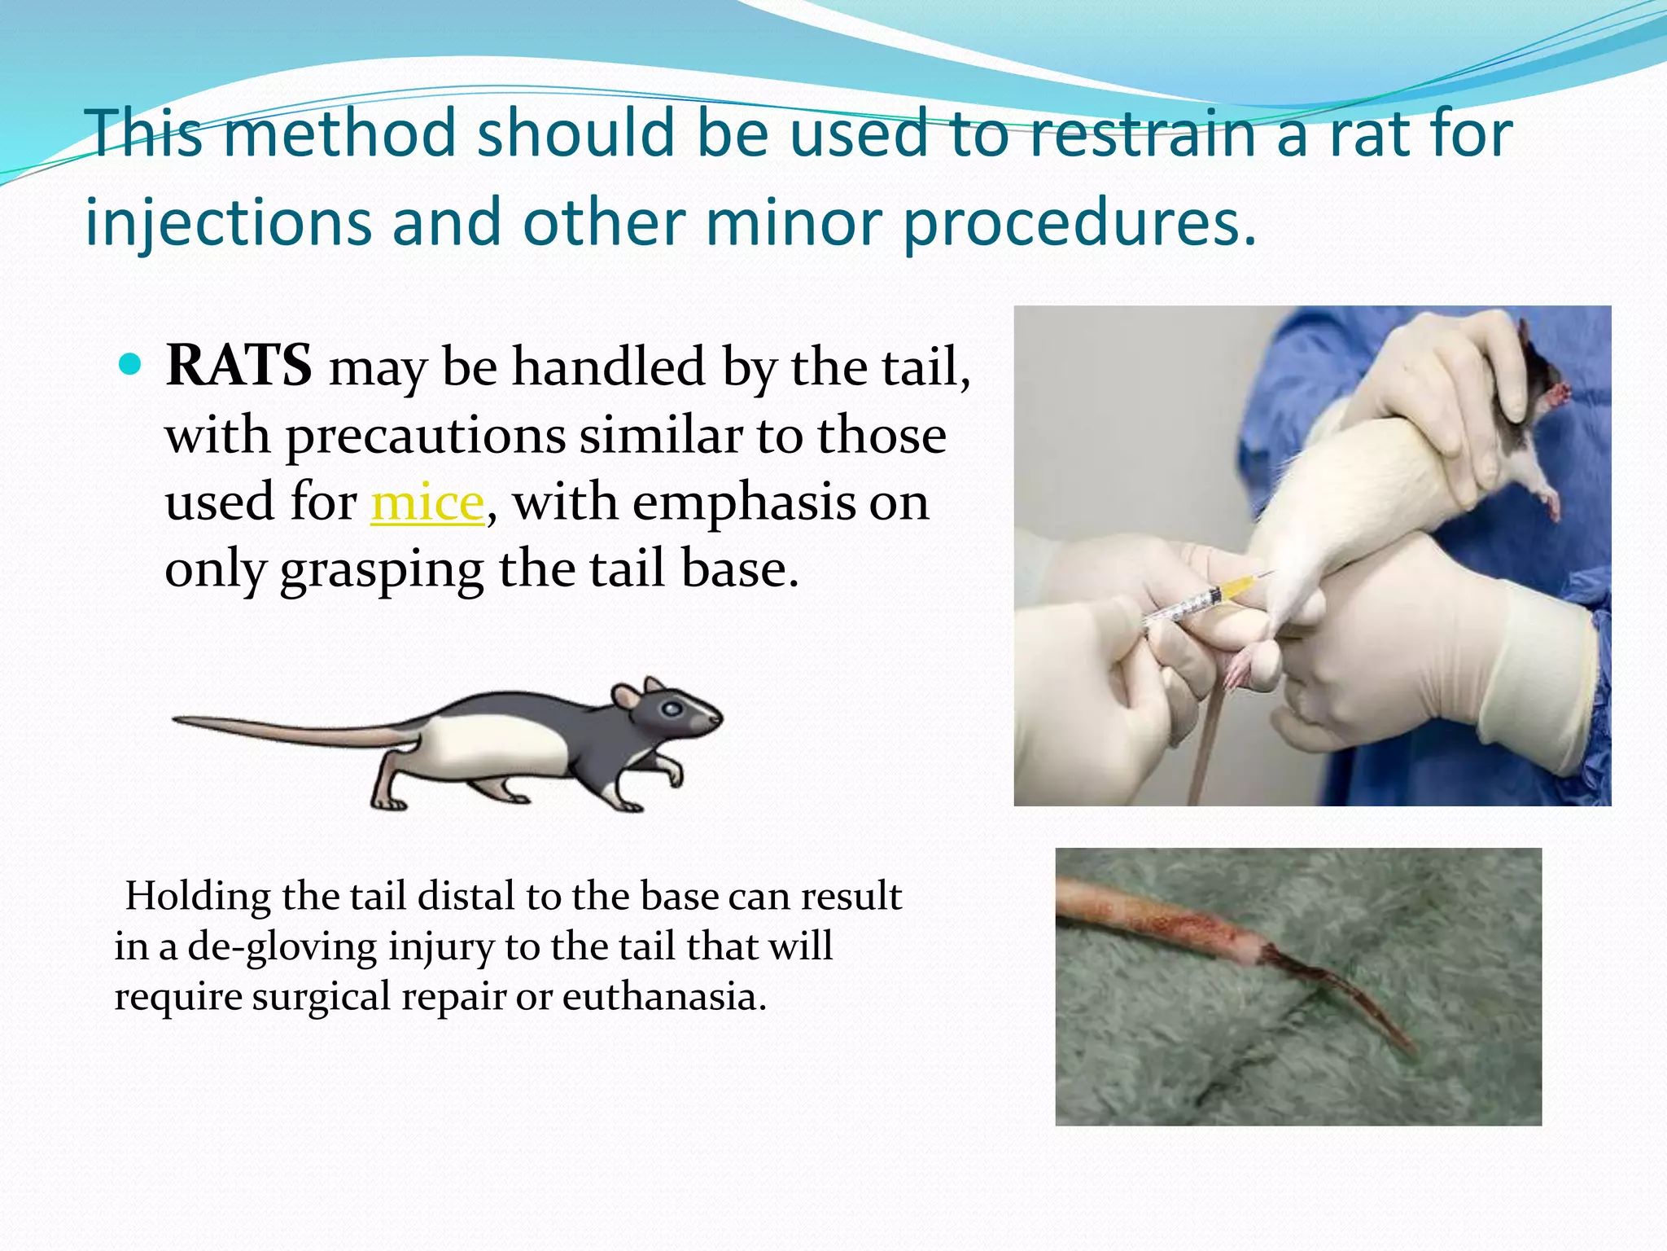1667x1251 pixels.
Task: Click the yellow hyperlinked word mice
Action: (427, 503)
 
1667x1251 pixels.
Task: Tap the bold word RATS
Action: (238, 366)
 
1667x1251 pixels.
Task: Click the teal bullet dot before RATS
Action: (129, 363)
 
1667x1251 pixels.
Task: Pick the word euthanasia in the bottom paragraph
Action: (663, 997)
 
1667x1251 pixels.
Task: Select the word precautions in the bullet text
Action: (425, 436)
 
